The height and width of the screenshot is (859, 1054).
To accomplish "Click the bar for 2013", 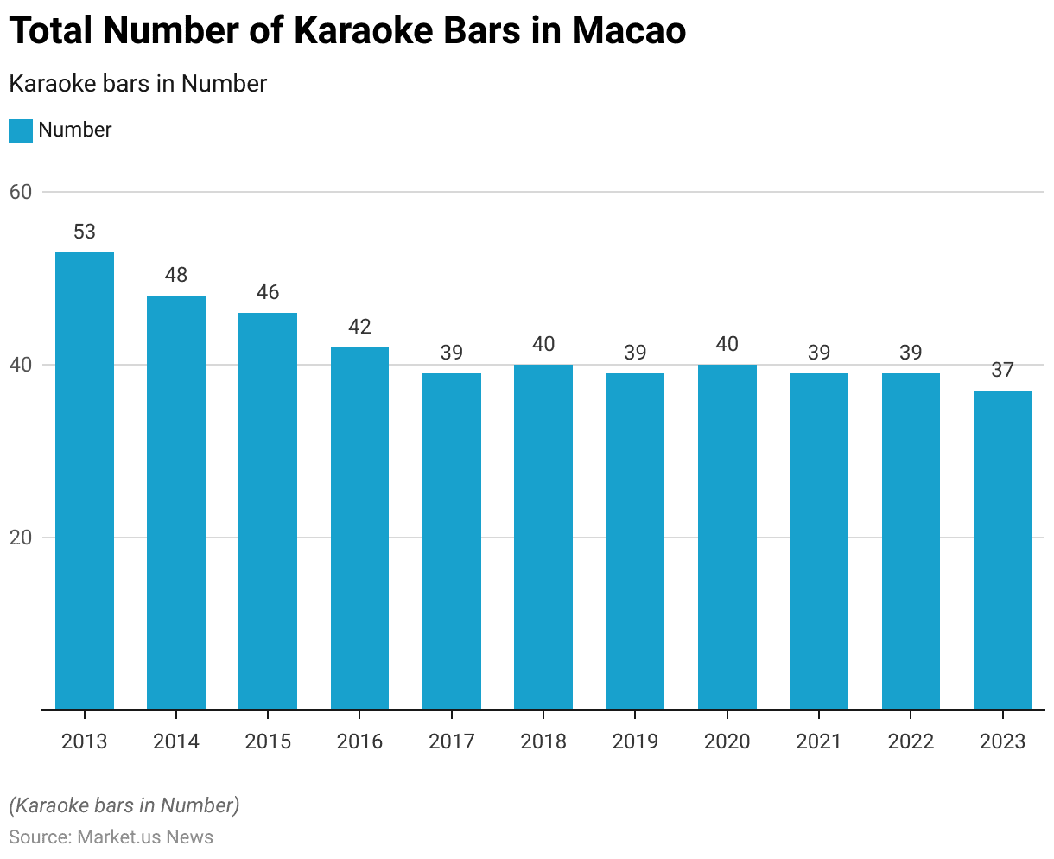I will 85,480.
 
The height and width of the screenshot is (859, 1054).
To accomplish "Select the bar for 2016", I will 359,528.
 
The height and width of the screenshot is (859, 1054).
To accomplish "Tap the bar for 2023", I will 1002,550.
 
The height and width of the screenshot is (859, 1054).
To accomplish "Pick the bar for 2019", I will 635,541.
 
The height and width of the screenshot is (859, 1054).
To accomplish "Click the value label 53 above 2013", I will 85,232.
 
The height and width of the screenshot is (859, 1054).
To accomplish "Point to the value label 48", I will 176,275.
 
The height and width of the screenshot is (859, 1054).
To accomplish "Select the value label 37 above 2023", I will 1002,370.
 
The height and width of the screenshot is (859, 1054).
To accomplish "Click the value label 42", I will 359,327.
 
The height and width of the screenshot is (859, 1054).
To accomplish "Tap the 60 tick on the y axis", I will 21,192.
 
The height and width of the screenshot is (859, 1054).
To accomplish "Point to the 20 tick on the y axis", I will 21,538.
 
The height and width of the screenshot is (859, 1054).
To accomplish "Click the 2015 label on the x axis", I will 268,741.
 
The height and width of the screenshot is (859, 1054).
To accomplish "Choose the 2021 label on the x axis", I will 818,741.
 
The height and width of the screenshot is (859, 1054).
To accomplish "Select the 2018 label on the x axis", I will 543,741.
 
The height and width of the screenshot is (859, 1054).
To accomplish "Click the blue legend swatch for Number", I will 21,130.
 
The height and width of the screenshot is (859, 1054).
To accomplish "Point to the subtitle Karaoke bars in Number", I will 137,84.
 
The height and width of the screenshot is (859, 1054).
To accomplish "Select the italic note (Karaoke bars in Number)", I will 124,805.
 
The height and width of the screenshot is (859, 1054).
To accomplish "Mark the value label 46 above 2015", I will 268,292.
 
